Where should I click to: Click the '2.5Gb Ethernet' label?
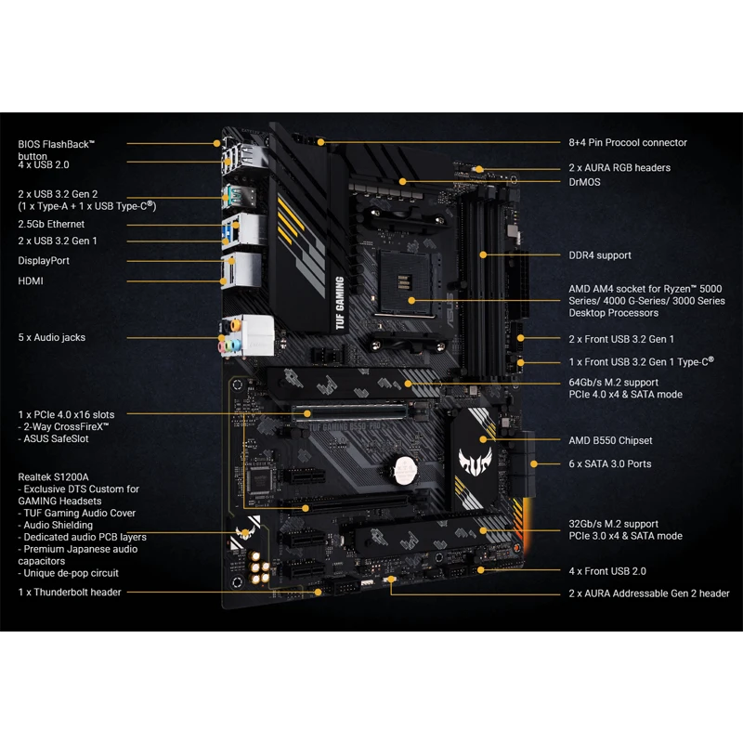pyautogui.click(x=51, y=224)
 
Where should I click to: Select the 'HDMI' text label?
pyautogui.click(x=31, y=280)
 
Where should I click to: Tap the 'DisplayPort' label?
pyautogui.click(x=44, y=261)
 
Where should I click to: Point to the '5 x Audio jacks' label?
pyautogui.click(x=51, y=337)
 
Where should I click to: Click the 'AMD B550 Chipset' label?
pyautogui.click(x=610, y=440)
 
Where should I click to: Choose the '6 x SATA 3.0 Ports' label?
pyautogui.click(x=609, y=463)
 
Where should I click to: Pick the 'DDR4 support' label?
pyautogui.click(x=600, y=255)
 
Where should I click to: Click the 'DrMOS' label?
pyautogui.click(x=584, y=182)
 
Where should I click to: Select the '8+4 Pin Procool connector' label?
pyautogui.click(x=628, y=143)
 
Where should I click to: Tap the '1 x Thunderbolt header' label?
pyautogui.click(x=70, y=592)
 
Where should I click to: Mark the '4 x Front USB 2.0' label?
pyautogui.click(x=606, y=571)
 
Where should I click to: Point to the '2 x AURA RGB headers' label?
pyautogui.click(x=619, y=168)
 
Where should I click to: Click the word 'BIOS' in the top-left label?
pyautogui.click(x=30, y=144)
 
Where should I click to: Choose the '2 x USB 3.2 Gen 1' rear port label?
pyautogui.click(x=58, y=241)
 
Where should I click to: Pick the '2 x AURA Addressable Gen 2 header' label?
pyautogui.click(x=649, y=593)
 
